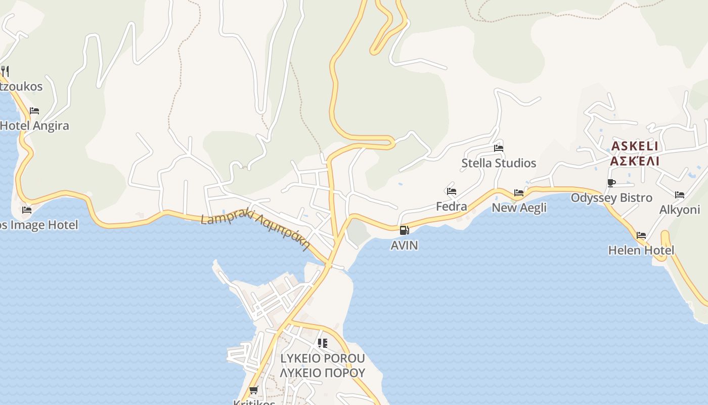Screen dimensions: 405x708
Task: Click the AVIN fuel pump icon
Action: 404,230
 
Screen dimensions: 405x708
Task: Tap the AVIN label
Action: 404,245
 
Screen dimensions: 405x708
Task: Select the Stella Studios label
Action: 498,163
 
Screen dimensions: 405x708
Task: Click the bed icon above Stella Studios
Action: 499,148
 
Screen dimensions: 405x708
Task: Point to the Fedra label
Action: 452,206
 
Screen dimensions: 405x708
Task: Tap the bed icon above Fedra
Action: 452,191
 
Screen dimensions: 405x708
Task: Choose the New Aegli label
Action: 519,208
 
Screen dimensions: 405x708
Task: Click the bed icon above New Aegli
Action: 519,193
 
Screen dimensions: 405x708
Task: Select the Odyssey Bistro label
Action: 611,197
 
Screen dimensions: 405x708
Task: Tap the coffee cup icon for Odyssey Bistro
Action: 611,183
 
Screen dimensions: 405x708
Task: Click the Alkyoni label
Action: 679,210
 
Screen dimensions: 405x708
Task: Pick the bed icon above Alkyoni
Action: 680,195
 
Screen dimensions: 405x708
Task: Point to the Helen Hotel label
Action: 641,250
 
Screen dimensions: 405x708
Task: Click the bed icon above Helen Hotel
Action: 641,235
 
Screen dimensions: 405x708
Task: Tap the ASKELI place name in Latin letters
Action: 635,146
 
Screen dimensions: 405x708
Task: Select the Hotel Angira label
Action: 34,126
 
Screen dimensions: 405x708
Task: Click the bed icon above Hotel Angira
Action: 34,111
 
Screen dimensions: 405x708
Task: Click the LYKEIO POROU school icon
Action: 323,343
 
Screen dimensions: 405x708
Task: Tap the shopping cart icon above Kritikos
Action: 254,390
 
